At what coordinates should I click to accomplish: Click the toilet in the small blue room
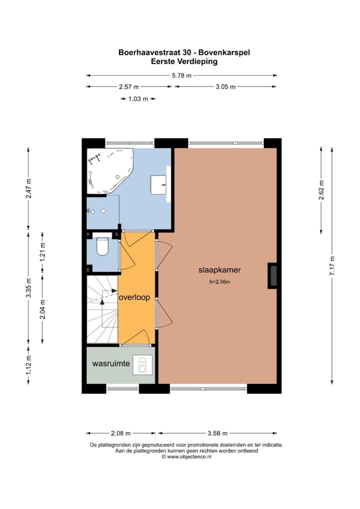(x=102, y=246)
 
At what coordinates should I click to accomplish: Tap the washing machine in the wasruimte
(x=142, y=365)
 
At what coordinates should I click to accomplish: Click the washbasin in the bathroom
(x=158, y=185)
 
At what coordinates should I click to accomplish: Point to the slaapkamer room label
(x=220, y=270)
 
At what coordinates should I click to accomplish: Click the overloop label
(x=134, y=297)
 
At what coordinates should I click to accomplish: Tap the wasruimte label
(x=111, y=363)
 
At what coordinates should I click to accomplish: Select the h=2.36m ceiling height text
(x=220, y=282)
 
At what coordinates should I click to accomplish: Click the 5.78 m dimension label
(x=182, y=75)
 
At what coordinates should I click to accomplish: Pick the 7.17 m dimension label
(x=332, y=266)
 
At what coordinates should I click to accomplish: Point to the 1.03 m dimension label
(x=138, y=98)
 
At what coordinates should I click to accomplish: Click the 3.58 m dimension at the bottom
(x=217, y=433)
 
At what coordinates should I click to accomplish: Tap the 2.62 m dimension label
(x=321, y=189)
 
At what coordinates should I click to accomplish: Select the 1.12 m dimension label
(x=28, y=365)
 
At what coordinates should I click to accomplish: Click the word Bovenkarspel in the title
(x=224, y=52)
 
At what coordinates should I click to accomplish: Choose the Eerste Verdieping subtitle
(x=184, y=61)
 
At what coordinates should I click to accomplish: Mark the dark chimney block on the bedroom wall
(x=272, y=275)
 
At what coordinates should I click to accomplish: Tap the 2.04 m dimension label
(x=42, y=309)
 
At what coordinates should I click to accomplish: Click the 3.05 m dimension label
(x=225, y=86)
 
